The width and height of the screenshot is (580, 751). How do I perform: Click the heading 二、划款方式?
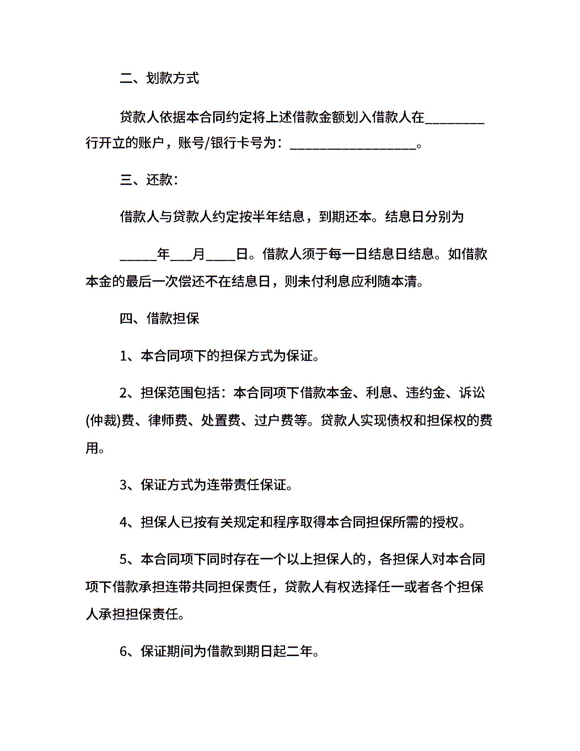click(x=159, y=78)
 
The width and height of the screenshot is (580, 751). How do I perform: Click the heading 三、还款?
click(x=149, y=180)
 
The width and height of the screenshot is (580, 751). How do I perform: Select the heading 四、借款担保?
click(x=159, y=318)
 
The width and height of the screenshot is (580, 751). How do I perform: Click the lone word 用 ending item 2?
click(x=92, y=448)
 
